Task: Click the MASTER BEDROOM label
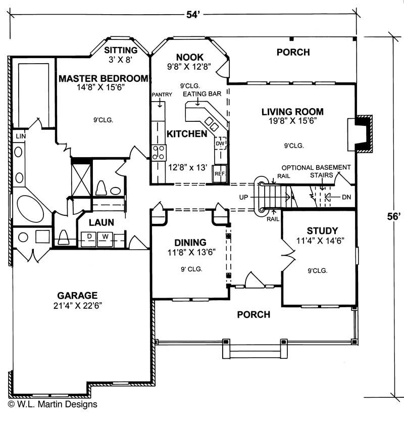click(104, 78)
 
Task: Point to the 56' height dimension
click(394, 216)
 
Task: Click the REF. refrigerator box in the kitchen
click(220, 173)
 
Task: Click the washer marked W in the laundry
click(106, 237)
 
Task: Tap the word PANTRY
click(162, 95)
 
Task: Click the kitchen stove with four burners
click(159, 152)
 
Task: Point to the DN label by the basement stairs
click(345, 197)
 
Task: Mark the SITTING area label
click(121, 50)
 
